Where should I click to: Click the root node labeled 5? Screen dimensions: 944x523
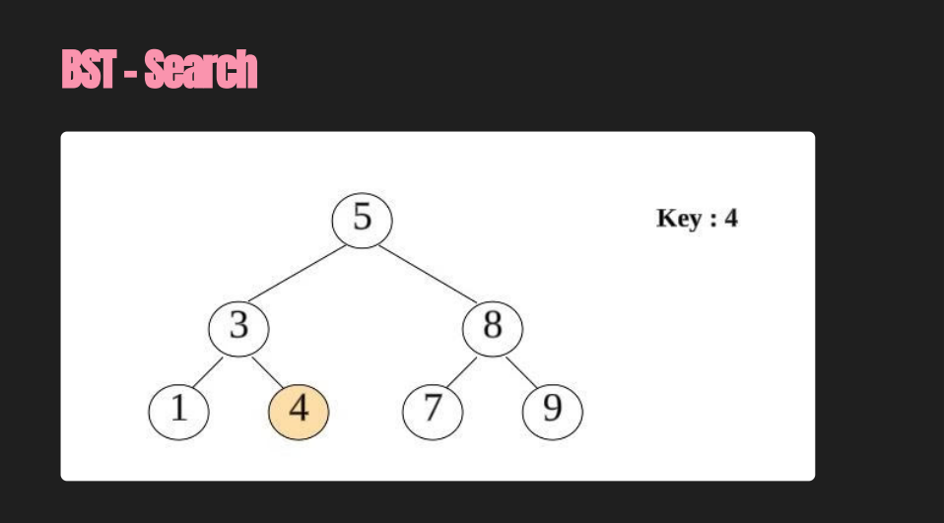click(x=362, y=219)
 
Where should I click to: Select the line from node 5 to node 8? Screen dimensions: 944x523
click(x=427, y=273)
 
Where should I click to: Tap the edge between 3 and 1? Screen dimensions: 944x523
click(x=208, y=370)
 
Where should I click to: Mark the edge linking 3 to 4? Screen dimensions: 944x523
click(x=268, y=369)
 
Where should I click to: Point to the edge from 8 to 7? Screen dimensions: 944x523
click(x=461, y=370)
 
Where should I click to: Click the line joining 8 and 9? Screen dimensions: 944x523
click(x=522, y=370)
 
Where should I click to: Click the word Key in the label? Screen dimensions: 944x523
click(x=678, y=219)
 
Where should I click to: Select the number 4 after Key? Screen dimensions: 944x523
click(x=730, y=219)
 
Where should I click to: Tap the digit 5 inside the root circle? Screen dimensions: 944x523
click(x=362, y=217)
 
